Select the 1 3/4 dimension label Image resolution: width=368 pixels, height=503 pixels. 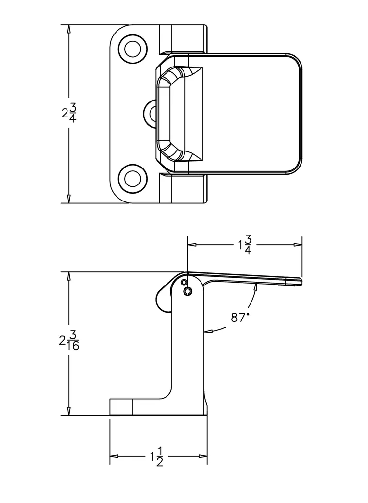click(245, 245)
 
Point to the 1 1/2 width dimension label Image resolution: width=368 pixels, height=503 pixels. click(156, 457)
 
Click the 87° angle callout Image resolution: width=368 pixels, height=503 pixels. click(239, 318)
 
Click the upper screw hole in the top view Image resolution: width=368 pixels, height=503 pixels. click(133, 49)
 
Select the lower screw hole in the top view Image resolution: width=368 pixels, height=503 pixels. click(133, 178)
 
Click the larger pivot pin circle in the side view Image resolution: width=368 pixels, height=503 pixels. click(188, 291)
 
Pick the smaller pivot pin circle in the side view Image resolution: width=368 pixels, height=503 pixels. click(184, 282)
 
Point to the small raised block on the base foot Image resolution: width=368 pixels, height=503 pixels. click(121, 407)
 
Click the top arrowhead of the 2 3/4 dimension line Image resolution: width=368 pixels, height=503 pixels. click(69, 28)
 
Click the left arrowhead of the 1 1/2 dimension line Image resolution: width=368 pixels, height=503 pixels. click(114, 456)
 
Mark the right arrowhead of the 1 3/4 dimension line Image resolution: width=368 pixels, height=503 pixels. click(299, 245)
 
